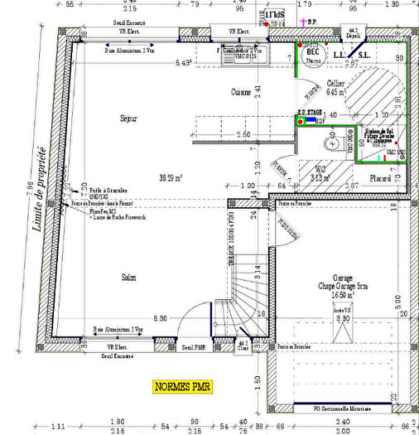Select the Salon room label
coord(128,277)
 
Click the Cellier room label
coord(335,84)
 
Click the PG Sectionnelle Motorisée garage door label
coord(340,408)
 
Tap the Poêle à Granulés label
coord(105,190)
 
